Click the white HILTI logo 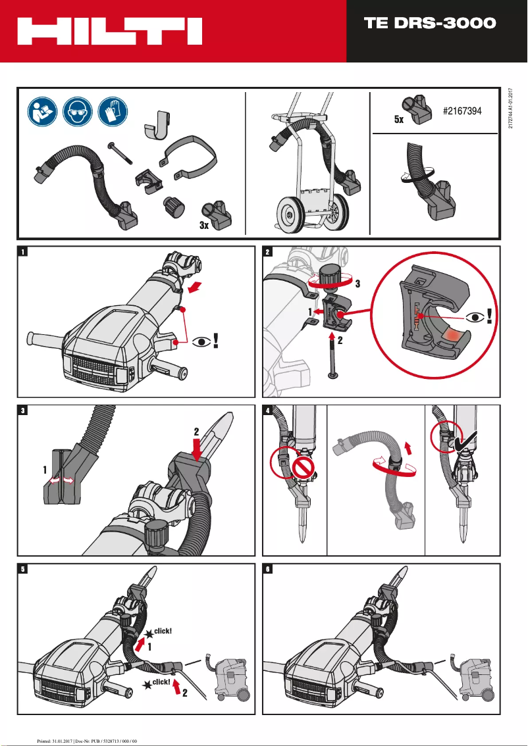pos(109,31)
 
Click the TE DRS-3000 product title pos(430,24)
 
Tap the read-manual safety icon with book pos(43,111)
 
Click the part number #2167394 pos(462,111)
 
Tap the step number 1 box pos(24,251)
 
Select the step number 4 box pos(267,410)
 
